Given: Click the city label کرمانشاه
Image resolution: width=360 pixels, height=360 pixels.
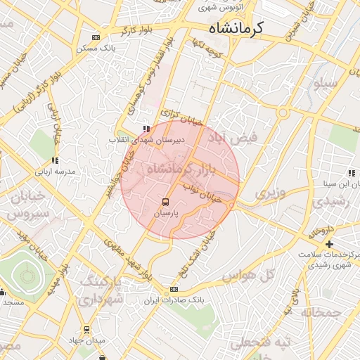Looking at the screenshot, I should pyautogui.click(x=236, y=28).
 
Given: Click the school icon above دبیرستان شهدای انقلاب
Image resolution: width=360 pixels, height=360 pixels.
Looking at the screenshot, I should pyautogui.click(x=146, y=129).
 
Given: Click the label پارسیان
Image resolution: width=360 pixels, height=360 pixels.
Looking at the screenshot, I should pyautogui.click(x=167, y=211).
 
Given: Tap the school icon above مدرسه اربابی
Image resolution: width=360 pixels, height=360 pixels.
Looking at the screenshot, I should pyautogui.click(x=56, y=161).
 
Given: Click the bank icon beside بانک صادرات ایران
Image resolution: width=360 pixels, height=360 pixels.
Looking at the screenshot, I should pyautogui.click(x=174, y=290).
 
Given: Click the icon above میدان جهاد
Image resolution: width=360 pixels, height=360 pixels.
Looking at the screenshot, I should pyautogui.click(x=86, y=329).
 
